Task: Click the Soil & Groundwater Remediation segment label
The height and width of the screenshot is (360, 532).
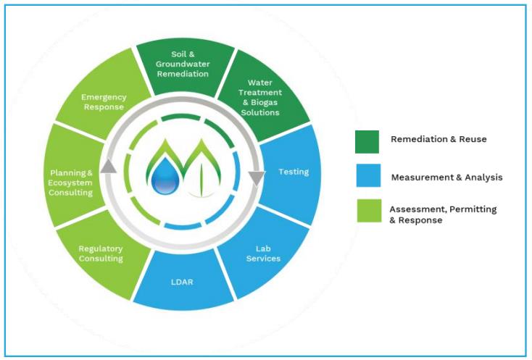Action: pyautogui.click(x=184, y=64)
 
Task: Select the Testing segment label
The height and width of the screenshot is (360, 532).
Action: pyautogui.click(x=294, y=172)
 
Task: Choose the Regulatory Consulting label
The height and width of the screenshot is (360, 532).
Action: pyautogui.click(x=101, y=253)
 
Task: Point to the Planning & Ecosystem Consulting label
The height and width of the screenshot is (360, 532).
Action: pyautogui.click(x=71, y=183)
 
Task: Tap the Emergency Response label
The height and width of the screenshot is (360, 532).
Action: pyautogui.click(x=104, y=102)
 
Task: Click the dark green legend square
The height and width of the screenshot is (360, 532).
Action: pyautogui.click(x=367, y=141)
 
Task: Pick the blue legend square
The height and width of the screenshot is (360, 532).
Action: pyautogui.click(x=367, y=176)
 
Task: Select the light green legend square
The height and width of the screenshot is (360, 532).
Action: pyautogui.click(x=367, y=211)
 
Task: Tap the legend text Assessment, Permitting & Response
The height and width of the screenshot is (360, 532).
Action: pyautogui.click(x=443, y=214)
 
